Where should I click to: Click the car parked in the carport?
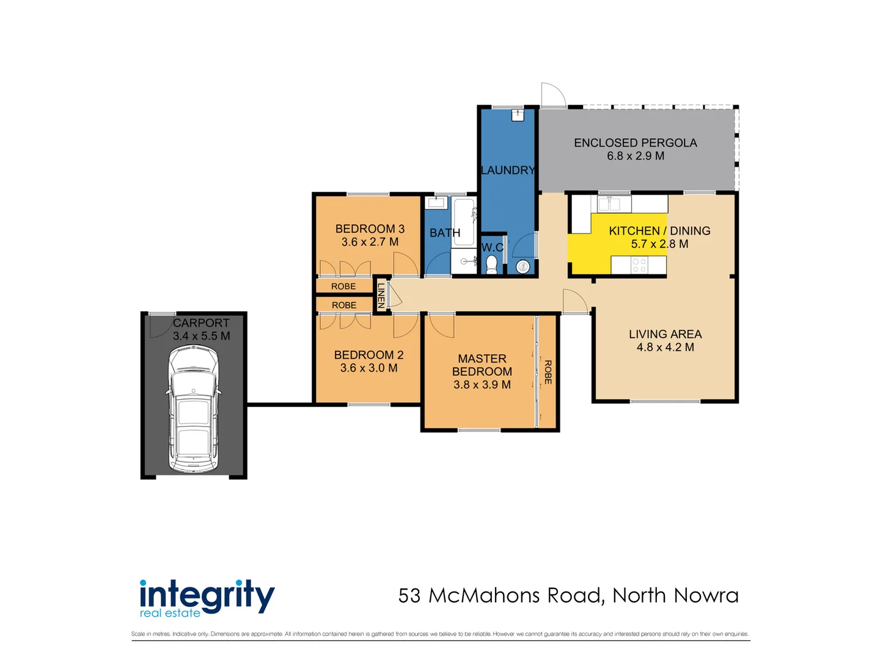[x=193, y=409]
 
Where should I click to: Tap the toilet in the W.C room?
[x=491, y=265]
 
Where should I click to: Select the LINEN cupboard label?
[x=381, y=295]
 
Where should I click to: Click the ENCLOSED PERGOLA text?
[x=635, y=143]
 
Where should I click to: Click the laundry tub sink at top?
[x=518, y=115]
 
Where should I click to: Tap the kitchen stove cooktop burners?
[x=639, y=265]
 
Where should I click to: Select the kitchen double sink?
[x=609, y=204]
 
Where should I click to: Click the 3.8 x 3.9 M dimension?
[x=482, y=385]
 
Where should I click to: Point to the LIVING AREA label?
[x=665, y=334]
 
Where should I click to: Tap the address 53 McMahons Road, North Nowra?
[x=568, y=595]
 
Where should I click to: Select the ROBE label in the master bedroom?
[x=548, y=372]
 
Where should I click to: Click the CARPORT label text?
[x=201, y=323]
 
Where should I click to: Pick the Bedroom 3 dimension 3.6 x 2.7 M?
[x=370, y=242]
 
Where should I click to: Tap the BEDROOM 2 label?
[x=369, y=355]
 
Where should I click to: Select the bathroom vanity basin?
[x=438, y=203]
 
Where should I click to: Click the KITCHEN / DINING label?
[x=659, y=231]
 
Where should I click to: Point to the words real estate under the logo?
[x=170, y=613]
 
